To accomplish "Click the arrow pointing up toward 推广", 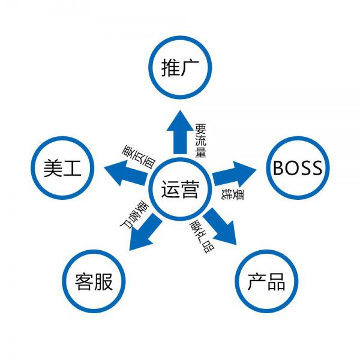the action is [180, 132].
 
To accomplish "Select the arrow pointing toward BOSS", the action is [234, 174].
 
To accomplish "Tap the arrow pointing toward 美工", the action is [126, 173].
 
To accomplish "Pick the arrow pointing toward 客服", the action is [145, 232].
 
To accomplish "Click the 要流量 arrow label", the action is [200, 140].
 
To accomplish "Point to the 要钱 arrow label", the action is [232, 194].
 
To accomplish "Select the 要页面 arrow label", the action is [139, 157].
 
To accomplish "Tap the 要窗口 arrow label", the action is [134, 215].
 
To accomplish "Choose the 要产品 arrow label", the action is [202, 236].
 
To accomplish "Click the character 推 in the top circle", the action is [170, 67].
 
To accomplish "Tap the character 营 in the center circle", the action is [190, 189].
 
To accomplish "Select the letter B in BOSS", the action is [279, 168].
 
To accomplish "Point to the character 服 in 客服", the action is [103, 281].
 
